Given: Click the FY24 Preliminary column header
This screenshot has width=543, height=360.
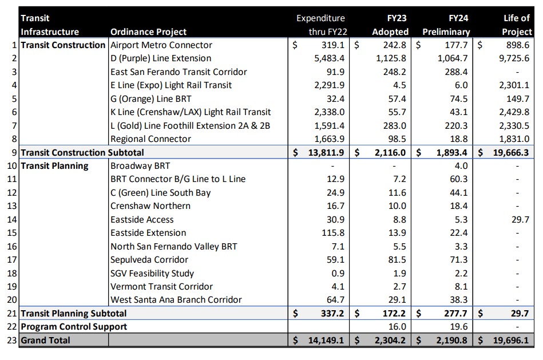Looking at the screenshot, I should [446, 25].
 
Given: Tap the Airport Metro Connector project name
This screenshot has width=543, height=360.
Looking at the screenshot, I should [161, 45].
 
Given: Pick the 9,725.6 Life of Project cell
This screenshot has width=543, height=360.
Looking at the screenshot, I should [513, 58].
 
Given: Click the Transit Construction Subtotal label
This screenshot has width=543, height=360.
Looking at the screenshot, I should [82, 152].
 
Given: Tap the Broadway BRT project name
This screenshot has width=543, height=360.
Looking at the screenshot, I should [140, 166].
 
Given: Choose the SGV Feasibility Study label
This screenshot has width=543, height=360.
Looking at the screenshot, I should [152, 273].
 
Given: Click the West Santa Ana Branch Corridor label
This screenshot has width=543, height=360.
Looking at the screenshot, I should [176, 300].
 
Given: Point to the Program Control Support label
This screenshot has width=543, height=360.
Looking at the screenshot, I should [74, 327].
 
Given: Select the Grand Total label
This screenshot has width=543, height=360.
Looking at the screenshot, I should [46, 341].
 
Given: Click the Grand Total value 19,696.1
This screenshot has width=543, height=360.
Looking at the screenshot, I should [511, 341].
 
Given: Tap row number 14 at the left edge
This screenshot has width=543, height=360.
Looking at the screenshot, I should [13, 220].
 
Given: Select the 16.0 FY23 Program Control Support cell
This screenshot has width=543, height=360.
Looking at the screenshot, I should [398, 327].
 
